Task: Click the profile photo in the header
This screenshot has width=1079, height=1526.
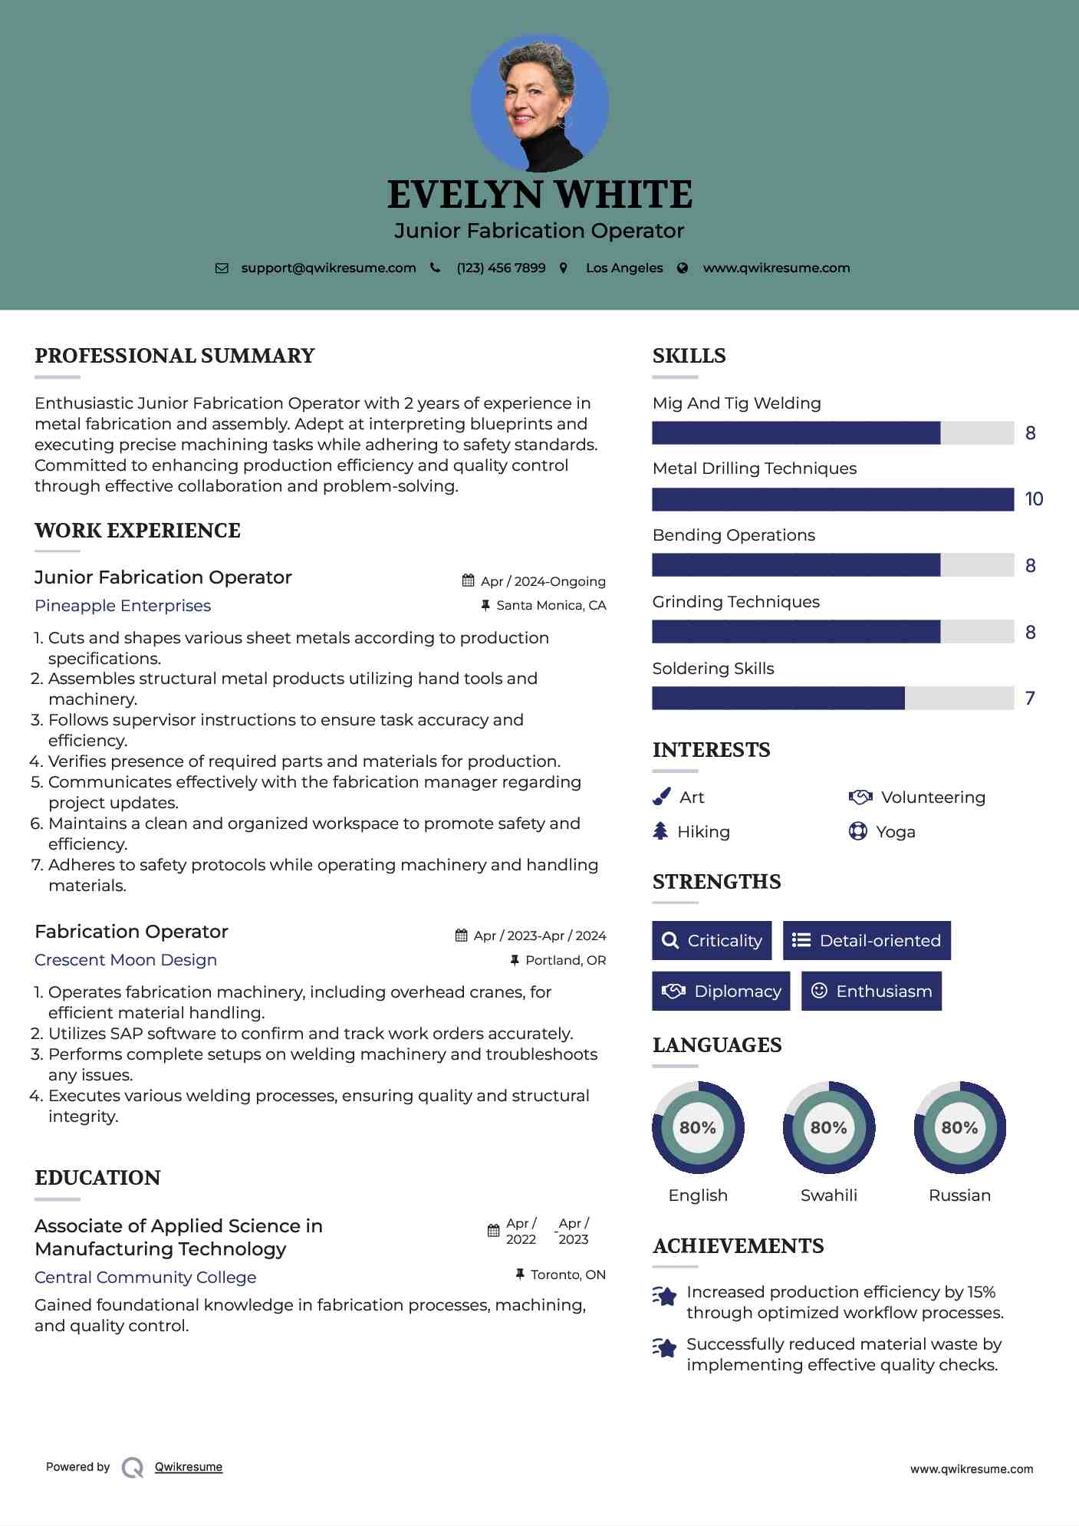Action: pos(539,103)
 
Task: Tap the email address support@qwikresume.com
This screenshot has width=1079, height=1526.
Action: pos(328,268)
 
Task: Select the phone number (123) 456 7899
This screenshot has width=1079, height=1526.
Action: pos(501,268)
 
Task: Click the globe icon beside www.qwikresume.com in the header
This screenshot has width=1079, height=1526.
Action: pos(683,268)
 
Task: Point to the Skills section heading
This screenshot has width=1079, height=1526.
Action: pos(689,356)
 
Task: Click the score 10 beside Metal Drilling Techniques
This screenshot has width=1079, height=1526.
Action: pos(1034,499)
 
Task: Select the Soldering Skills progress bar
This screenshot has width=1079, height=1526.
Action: pos(833,698)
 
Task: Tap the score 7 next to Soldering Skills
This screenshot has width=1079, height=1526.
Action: pos(1030,698)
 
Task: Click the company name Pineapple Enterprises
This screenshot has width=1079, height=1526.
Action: pos(123,606)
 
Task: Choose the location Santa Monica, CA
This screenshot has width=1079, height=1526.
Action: pos(551,605)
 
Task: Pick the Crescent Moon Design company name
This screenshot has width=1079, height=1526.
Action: pos(126,960)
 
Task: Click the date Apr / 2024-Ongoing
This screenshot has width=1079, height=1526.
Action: pos(543,581)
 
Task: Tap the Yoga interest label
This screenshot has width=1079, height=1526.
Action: pos(896,832)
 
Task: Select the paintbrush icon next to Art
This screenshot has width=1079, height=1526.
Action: pos(661,798)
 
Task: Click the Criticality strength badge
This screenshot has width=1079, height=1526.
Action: pos(712,940)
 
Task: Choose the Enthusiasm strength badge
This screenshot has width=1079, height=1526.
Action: pos(871,991)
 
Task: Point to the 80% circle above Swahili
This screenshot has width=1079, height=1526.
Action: pos(828,1127)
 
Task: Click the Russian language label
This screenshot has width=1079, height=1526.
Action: pos(959,1195)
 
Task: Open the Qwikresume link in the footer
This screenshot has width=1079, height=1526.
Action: pos(189,1467)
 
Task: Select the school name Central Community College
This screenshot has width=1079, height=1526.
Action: pos(146,1278)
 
